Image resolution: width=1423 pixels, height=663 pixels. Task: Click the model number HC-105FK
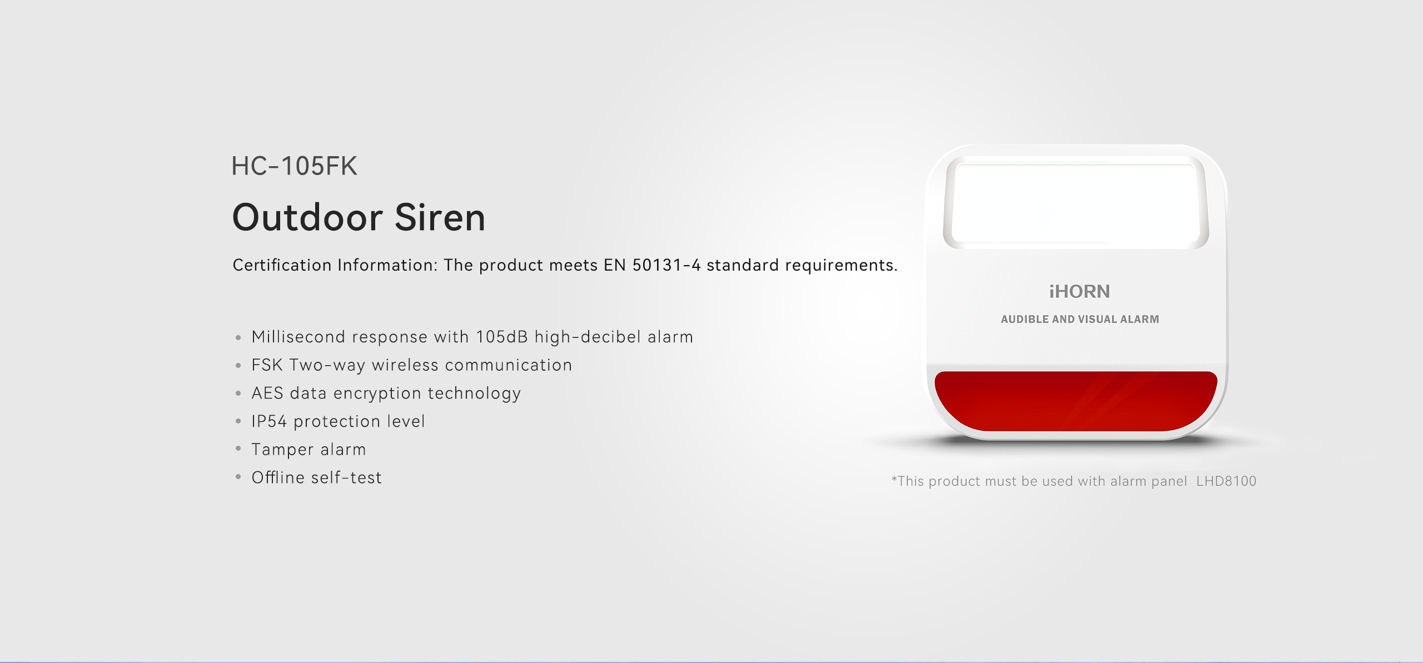pos(294,166)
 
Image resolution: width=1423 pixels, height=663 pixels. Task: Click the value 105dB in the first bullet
pos(502,337)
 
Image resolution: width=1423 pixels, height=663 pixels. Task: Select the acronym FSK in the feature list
pos(267,365)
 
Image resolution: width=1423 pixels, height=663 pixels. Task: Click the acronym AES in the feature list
pos(267,393)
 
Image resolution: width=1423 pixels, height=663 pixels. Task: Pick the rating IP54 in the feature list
pos(269,421)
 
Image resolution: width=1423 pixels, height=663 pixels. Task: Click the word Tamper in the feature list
pos(282,450)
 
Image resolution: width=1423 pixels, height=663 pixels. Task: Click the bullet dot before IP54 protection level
pos(238,421)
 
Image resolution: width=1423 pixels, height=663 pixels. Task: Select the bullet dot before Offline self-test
pos(238,477)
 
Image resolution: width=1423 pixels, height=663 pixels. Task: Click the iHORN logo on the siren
pos(1079,291)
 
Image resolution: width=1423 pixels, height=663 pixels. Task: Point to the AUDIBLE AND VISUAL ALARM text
pos(1080,319)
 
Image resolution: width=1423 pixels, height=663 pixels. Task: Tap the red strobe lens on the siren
pos(1076,401)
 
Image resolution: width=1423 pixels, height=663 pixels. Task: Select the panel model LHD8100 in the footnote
pos(1226,481)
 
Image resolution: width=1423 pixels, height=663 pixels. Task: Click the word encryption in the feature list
pos(377,393)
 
